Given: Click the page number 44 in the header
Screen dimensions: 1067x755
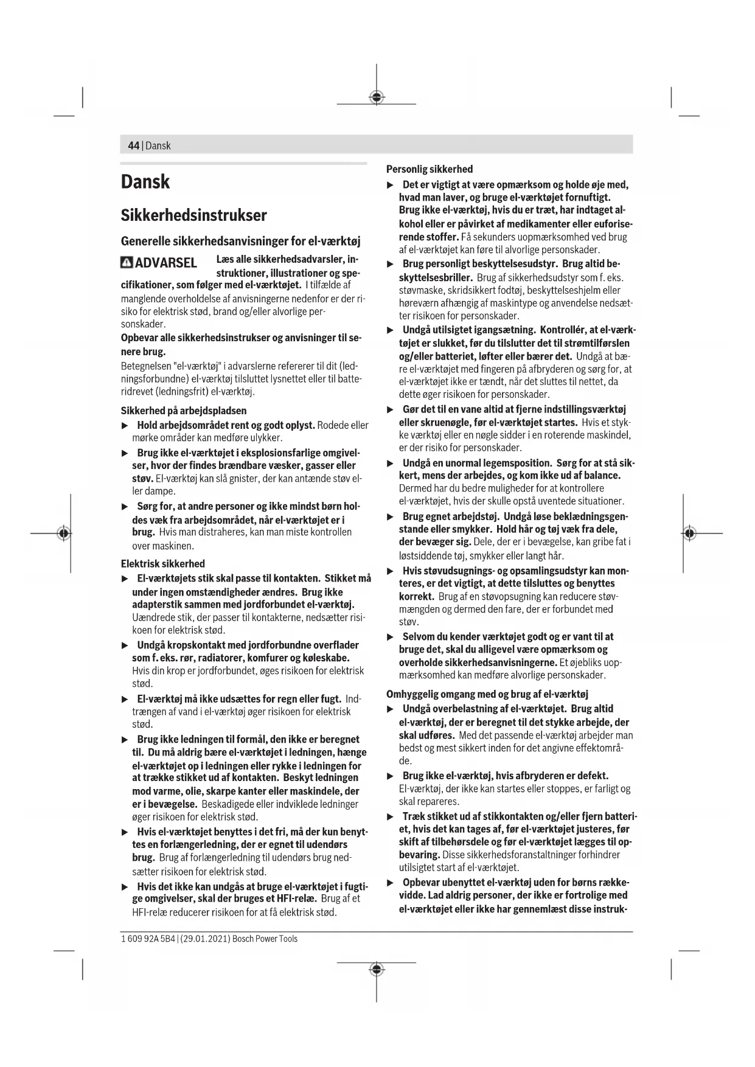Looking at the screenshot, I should click(133, 145).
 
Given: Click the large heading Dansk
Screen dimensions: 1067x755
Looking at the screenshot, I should click(145, 182).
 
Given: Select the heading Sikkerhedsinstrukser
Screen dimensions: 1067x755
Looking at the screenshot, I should click(193, 215).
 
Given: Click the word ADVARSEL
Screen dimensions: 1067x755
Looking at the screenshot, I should click(165, 263).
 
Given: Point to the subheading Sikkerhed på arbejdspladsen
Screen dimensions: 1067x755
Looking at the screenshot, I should click(183, 411).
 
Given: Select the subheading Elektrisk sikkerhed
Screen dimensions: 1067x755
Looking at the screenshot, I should click(162, 564).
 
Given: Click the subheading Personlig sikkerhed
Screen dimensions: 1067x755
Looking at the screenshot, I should click(430, 169).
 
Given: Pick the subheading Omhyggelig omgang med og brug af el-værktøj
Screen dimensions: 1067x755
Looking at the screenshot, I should click(487, 694).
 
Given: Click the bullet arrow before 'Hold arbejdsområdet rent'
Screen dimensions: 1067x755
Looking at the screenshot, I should click(125, 425).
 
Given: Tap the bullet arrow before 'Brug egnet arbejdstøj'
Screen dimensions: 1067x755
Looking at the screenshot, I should click(391, 517).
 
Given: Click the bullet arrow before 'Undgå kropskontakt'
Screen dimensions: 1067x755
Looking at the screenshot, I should click(125, 645).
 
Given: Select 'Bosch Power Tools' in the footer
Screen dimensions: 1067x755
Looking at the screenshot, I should click(265, 939).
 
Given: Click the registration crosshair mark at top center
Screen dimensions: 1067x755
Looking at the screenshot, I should click(377, 97).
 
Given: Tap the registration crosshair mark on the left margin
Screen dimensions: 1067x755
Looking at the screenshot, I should click(63, 533).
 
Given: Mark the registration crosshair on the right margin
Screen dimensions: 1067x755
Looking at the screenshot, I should click(689, 533).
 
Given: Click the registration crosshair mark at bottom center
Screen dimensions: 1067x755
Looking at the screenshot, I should click(377, 969).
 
